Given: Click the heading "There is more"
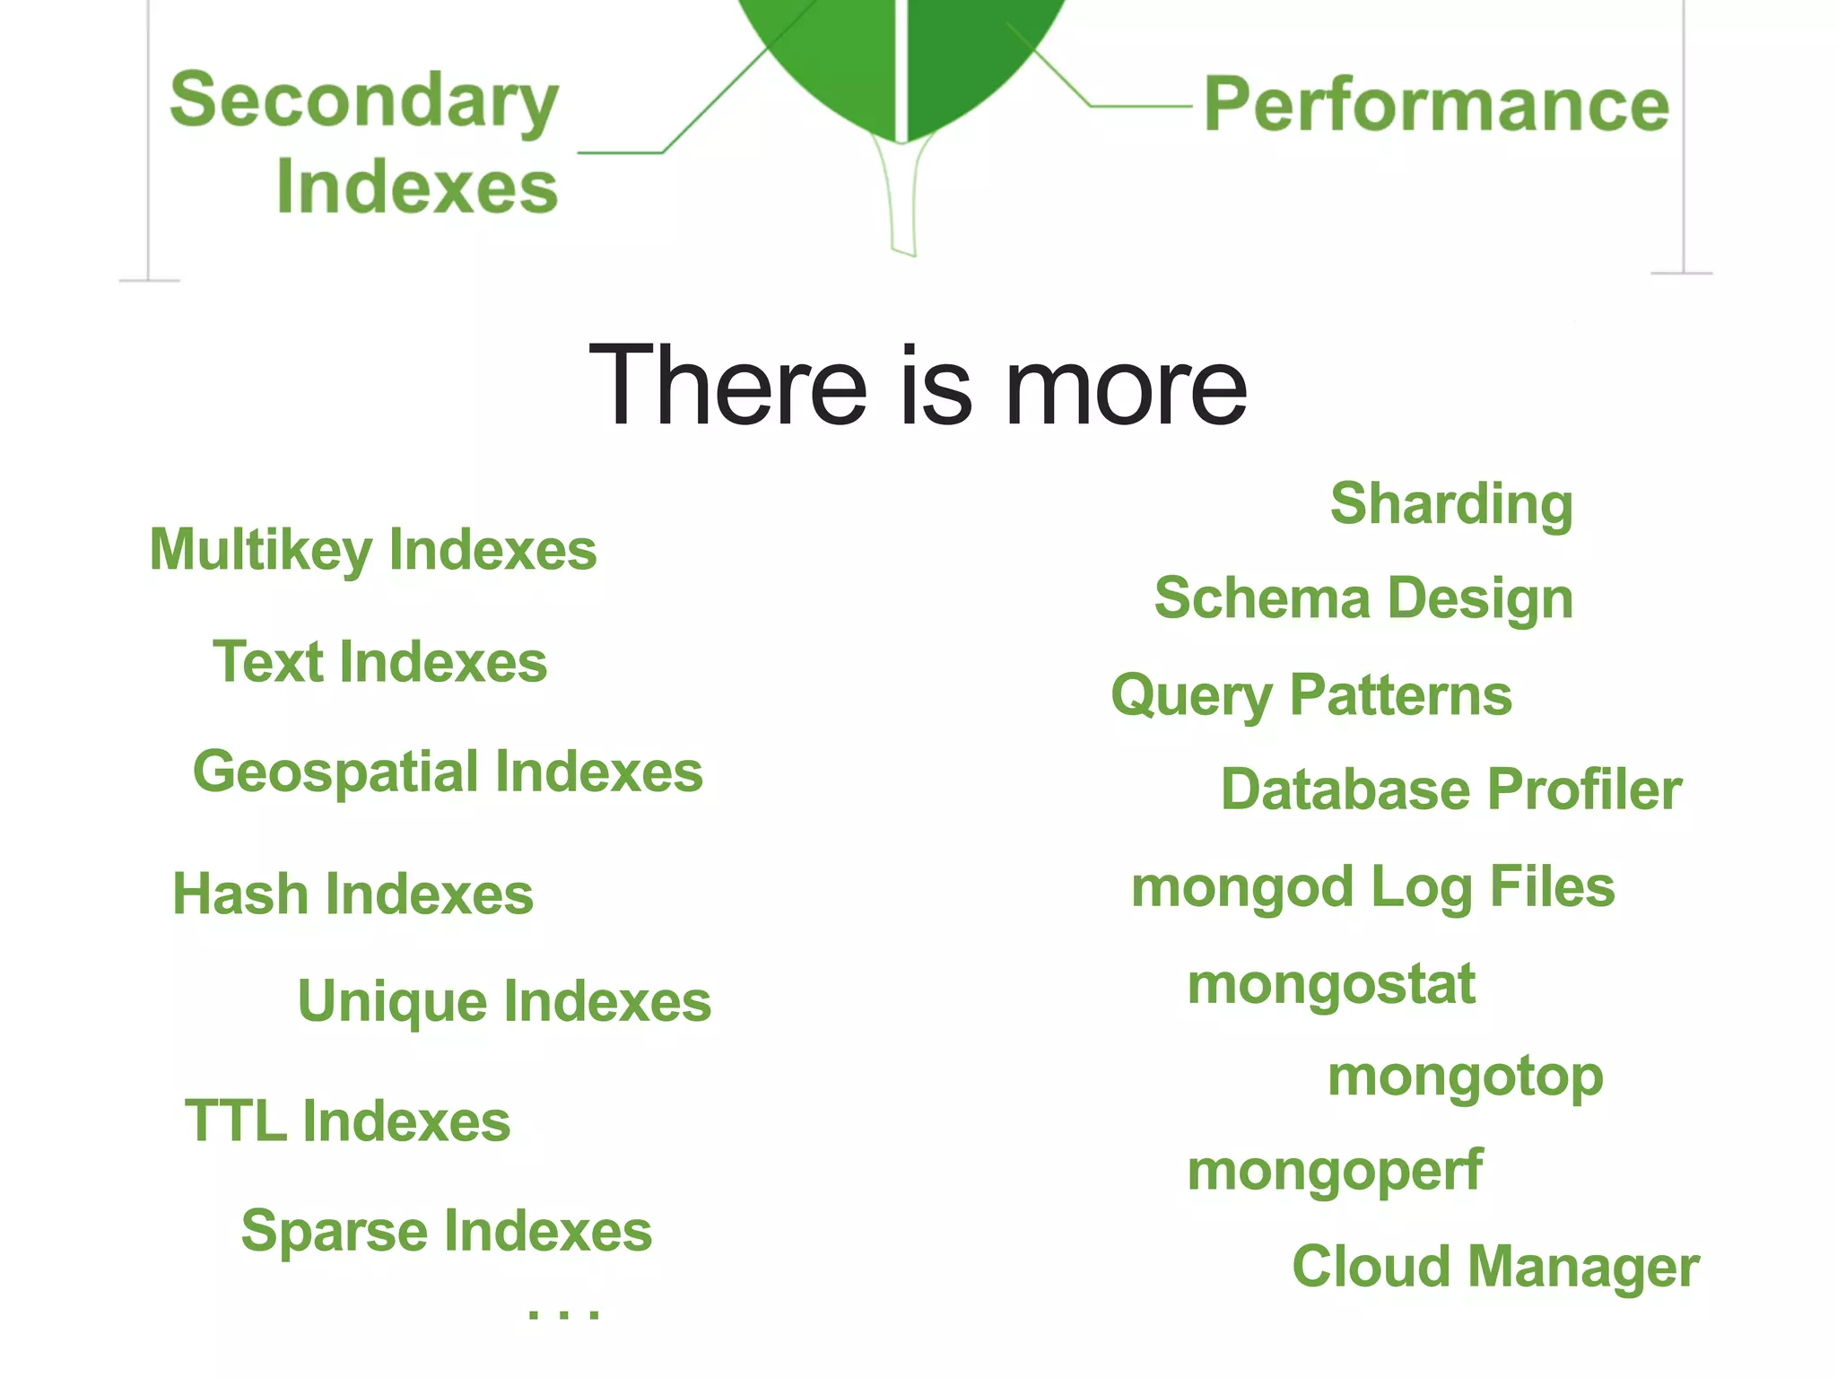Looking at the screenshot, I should (x=917, y=386).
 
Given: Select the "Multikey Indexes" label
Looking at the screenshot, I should (x=373, y=549).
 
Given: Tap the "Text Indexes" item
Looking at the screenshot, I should (x=379, y=662).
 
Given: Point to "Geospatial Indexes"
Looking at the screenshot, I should (x=448, y=772).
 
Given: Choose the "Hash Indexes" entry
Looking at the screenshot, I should (x=353, y=894).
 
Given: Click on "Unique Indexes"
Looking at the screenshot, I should (x=504, y=1001).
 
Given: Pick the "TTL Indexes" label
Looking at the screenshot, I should (x=347, y=1121).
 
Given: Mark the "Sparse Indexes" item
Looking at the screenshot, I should (x=446, y=1231).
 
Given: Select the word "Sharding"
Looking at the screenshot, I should (x=1451, y=504).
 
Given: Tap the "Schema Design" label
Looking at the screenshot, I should (x=1363, y=598).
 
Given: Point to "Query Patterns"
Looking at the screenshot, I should (x=1311, y=695).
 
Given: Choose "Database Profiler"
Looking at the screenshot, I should (x=1450, y=789).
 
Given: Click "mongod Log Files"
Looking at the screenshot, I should (x=1372, y=887).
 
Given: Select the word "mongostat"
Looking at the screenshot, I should (x=1331, y=984).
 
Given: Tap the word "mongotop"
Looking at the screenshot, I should (x=1465, y=1077).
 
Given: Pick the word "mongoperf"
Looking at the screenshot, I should (x=1335, y=1171).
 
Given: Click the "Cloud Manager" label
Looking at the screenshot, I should (x=1495, y=1267).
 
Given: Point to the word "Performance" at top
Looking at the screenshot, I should (x=1436, y=105).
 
